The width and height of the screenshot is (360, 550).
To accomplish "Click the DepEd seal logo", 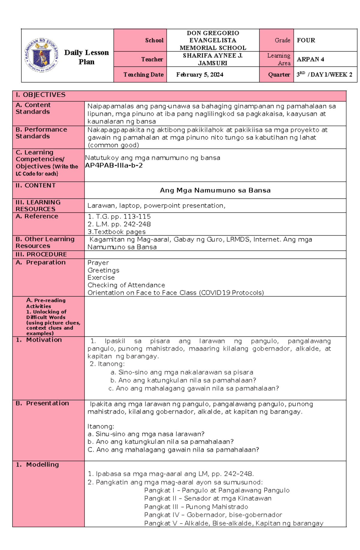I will coord(41,55).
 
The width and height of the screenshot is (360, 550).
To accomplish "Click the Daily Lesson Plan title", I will coord(86,57).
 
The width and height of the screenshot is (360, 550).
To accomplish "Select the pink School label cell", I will coord(140,40).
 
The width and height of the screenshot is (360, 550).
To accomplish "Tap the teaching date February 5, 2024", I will coord(199,75).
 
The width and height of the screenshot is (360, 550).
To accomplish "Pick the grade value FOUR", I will coord(306,40).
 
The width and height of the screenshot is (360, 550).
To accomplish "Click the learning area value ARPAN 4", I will coord(310,59).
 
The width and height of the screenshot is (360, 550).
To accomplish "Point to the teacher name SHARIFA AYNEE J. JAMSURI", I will coord(212,59).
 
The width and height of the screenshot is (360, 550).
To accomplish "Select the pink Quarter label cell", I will coord(276,75).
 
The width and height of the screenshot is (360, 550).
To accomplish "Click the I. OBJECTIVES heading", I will coord(40,95).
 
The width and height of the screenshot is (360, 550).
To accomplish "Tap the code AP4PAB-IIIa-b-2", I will coord(114,165).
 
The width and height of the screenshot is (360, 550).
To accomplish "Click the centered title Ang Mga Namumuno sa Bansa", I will coord(215,190).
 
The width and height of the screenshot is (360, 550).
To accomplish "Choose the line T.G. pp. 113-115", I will coord(119,216).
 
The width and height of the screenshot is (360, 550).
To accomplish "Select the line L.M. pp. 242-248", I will coord(119,224).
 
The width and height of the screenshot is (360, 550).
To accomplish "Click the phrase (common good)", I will coord(113,145).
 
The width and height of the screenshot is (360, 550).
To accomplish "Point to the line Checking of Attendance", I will coord(126,285).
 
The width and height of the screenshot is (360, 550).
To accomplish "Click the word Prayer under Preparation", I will coord(98,263).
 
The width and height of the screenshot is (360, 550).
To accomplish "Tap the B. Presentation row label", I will coord(42,403).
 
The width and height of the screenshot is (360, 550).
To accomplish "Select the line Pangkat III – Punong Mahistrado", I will coord(196,507).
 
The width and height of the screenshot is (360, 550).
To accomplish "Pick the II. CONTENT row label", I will coord(35,186).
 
